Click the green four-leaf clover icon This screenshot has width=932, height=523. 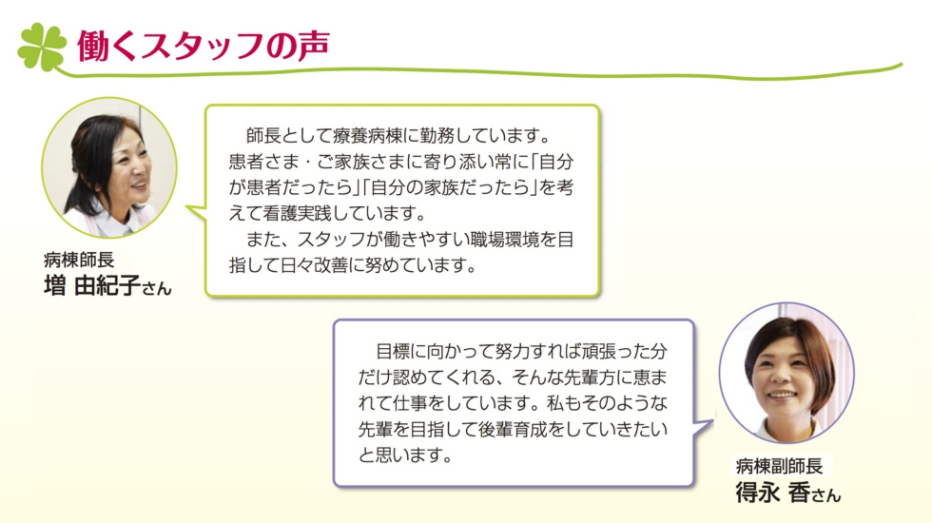[x=42, y=47]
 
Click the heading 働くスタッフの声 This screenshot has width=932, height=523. [x=204, y=46]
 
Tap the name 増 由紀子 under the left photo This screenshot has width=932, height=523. [x=92, y=286]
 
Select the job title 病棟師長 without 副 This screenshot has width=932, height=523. [x=79, y=260]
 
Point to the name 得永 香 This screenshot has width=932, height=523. [x=772, y=493]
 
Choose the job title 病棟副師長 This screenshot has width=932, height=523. [x=779, y=465]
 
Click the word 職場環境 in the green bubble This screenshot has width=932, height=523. [x=504, y=240]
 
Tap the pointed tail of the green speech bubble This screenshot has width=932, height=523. [x=189, y=208]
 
